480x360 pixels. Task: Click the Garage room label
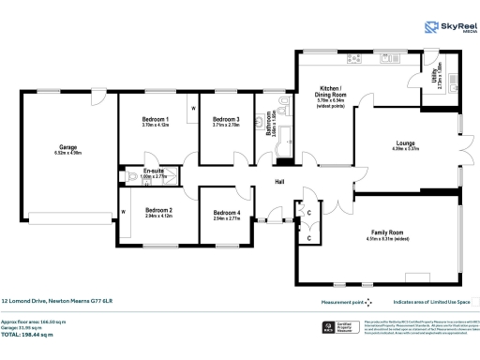67,148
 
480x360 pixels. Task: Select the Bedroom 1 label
156,120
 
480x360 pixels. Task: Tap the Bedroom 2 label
158,211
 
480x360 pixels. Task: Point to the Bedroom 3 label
226,120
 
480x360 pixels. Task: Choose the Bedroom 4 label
226,213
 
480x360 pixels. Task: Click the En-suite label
154,172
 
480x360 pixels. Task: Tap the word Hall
279,182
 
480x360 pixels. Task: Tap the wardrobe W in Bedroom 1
193,109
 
